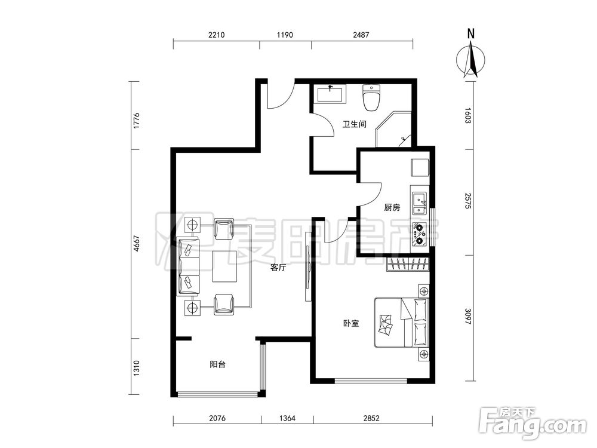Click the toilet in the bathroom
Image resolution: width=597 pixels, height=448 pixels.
point(371,97)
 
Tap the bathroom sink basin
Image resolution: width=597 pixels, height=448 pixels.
point(330,94)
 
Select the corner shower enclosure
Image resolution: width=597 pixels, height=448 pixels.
point(393,130)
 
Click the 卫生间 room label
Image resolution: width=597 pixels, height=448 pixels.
point(354,124)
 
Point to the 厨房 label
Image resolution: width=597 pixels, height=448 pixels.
point(392,208)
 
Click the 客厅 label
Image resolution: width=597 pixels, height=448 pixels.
point(278,268)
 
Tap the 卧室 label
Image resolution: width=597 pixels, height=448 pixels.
point(350,323)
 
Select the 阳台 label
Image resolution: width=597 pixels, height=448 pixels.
point(217,364)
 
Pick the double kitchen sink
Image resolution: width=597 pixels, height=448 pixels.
point(420,202)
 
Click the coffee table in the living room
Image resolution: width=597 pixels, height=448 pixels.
point(224,266)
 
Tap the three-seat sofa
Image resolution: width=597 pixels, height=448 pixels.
point(188,266)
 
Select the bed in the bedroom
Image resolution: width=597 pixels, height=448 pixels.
point(402,323)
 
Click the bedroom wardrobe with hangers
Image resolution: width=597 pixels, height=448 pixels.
point(408,265)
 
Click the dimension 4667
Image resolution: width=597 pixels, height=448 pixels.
point(137,244)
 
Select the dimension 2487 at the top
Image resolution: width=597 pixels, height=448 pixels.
point(361,35)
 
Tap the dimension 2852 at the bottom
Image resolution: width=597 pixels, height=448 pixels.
point(371,418)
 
